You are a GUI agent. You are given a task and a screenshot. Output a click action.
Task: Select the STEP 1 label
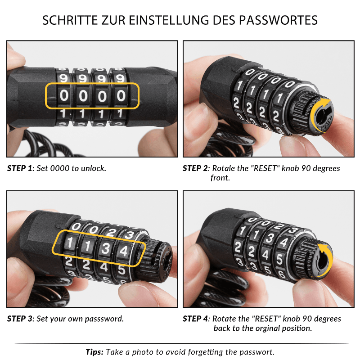(x=20, y=168)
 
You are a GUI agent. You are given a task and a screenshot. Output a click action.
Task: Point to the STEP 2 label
(x=196, y=168)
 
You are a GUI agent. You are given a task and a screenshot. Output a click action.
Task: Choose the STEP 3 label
(x=20, y=319)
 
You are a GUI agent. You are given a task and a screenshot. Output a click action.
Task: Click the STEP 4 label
(x=196, y=319)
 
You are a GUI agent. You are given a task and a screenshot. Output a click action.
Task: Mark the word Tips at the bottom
(x=94, y=352)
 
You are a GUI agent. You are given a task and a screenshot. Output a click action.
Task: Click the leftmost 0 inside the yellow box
(x=64, y=95)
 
